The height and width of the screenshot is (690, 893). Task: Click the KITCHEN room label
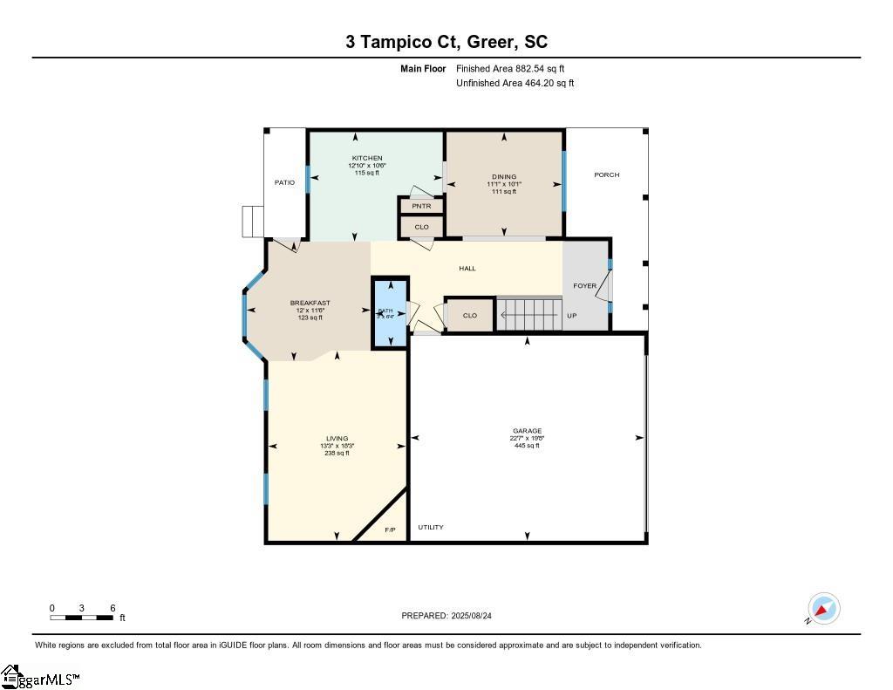(x=367, y=159)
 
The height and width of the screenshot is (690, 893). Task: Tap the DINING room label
(x=503, y=177)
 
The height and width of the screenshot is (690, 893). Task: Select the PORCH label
(x=606, y=175)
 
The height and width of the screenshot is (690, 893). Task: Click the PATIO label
(x=284, y=183)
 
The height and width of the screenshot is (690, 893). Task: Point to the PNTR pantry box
(x=421, y=206)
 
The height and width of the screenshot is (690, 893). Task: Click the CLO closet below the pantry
(x=421, y=227)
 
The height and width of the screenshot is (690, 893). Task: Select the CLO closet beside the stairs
(x=469, y=315)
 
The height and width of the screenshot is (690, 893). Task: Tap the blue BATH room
(x=390, y=312)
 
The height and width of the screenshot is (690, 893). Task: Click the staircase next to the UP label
(x=528, y=313)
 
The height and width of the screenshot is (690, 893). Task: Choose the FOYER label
(x=584, y=286)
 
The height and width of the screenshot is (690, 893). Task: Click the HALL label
(x=467, y=269)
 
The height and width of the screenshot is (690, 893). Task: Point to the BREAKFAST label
(x=310, y=304)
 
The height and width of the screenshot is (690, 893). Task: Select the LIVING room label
(x=337, y=439)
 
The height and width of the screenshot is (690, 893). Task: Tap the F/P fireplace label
(x=390, y=529)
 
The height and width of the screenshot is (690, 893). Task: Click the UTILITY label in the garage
(x=430, y=527)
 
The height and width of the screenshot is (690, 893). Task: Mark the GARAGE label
(x=527, y=431)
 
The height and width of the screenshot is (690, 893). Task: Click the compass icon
(x=823, y=609)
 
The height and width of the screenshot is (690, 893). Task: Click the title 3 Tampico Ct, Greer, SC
(x=446, y=42)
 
